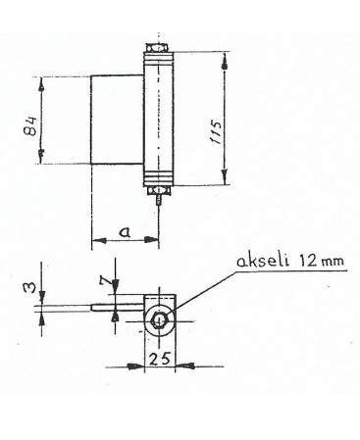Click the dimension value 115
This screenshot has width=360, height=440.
tap(216, 132)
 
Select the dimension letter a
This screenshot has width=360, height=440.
tap(125, 232)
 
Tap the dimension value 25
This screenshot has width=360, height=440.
tap(160, 360)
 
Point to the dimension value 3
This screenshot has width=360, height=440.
tap(29, 288)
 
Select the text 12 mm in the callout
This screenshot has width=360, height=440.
tap(321, 261)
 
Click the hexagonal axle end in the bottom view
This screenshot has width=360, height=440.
tap(159, 319)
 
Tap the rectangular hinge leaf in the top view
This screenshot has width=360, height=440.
tap(117, 120)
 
